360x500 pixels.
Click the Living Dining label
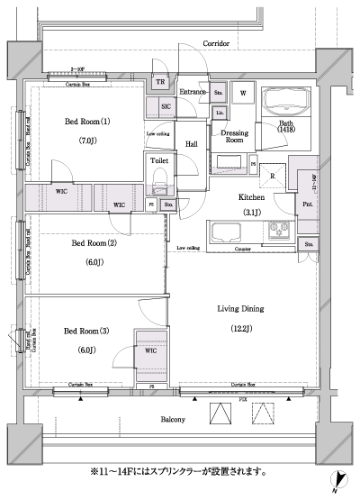239,309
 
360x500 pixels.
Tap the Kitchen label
250,196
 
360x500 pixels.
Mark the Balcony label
173,421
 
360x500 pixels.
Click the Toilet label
158,159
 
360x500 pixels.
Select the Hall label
192,143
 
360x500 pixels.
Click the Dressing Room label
234,136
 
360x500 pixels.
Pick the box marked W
242,93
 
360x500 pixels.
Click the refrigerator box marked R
271,176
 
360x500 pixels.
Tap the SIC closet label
166,107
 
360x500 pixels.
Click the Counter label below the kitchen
242,248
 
